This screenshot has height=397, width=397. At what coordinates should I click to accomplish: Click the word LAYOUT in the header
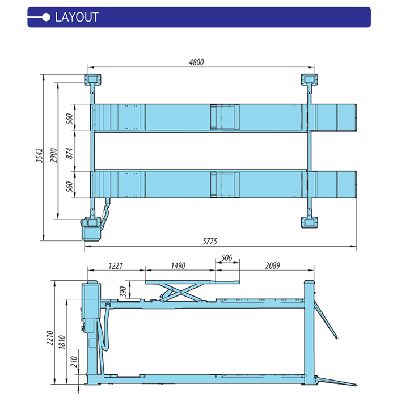pyautogui.click(x=77, y=17)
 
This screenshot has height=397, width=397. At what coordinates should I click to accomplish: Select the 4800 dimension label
pyautogui.click(x=196, y=62)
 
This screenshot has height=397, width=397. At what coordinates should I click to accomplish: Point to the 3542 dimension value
pyautogui.click(x=39, y=157)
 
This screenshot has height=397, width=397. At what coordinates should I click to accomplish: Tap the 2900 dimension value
pyautogui.click(x=53, y=157)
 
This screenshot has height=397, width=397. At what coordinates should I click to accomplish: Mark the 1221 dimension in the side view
pyautogui.click(x=115, y=265)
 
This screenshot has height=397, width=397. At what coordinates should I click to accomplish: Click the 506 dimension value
pyautogui.click(x=227, y=258)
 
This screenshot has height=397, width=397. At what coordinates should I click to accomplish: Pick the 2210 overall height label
pyautogui.click(x=50, y=340)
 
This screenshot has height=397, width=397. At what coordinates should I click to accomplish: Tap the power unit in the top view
pyautogui.click(x=91, y=230)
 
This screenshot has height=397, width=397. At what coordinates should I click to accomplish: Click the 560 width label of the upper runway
pyautogui.click(x=69, y=118)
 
